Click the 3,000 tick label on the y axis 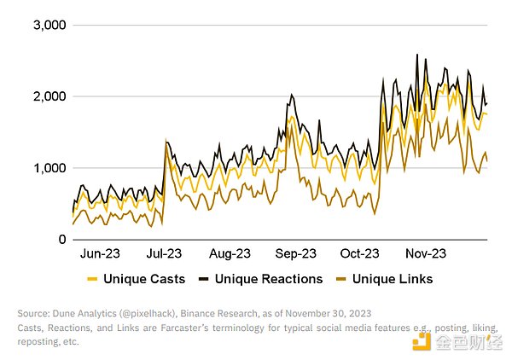(x=49, y=25)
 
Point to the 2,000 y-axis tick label (x=49, y=96)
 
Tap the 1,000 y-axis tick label (x=49, y=168)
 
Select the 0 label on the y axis (x=62, y=240)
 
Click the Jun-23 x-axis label (x=99, y=253)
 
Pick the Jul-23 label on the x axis (x=164, y=253)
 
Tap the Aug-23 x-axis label (x=229, y=253)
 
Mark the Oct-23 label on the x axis (x=359, y=253)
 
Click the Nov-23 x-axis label (x=425, y=253)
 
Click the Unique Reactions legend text (x=269, y=279)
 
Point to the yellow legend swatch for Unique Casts (x=92, y=279)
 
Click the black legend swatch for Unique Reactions (x=203, y=279)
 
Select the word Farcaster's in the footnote (x=211, y=327)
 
